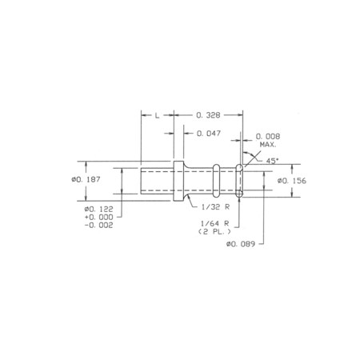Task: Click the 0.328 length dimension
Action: (x=208, y=115)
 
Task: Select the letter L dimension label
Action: (x=157, y=115)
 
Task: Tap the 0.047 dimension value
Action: (x=209, y=133)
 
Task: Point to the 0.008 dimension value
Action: (x=268, y=137)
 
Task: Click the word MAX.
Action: (x=268, y=145)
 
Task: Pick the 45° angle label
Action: (x=272, y=161)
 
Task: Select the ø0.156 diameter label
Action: (x=292, y=181)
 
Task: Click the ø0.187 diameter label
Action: (x=86, y=179)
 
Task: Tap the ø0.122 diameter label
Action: (x=98, y=209)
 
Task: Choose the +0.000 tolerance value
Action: (x=98, y=217)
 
